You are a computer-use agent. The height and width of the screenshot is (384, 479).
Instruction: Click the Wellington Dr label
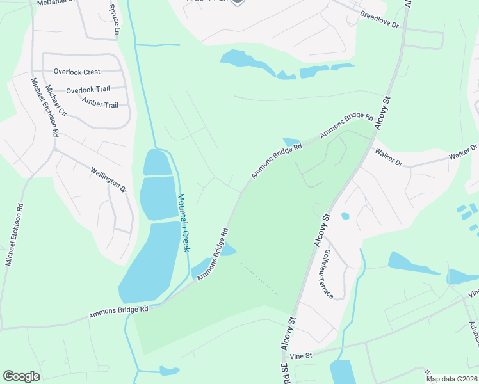(109, 180)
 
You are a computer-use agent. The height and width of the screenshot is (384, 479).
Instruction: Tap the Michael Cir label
(56, 103)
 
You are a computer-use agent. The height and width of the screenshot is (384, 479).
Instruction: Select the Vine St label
(300, 355)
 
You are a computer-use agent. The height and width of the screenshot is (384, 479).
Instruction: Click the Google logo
(21, 376)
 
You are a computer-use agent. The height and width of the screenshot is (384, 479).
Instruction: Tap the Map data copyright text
(452, 379)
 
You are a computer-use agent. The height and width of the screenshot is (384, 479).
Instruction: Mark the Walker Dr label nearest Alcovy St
(389, 159)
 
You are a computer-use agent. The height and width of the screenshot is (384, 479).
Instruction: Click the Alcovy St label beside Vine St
(288, 333)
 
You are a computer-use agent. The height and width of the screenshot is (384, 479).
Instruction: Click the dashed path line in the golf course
(259, 278)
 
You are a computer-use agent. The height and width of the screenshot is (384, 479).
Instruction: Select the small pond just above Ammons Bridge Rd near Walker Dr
(291, 141)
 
